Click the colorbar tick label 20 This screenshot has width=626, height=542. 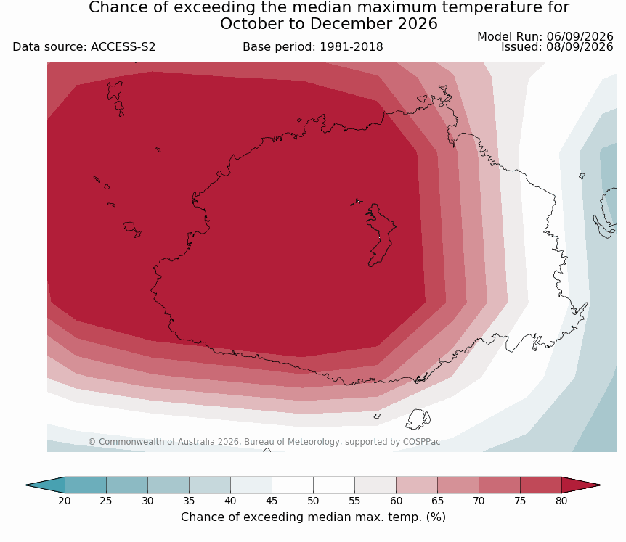[65, 501]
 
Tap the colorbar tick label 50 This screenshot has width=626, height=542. [313, 501]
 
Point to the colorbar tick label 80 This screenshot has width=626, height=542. [561, 501]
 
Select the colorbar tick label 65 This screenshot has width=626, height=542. [437, 501]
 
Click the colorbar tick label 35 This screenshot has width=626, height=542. [189, 501]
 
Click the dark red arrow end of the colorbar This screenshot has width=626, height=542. [580, 485]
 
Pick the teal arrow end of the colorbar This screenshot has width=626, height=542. [46, 485]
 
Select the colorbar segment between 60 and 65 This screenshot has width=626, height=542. [416, 485]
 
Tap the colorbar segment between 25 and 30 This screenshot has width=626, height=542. [127, 485]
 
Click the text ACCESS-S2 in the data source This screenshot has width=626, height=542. [123, 47]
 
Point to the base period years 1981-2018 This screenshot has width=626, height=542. [351, 47]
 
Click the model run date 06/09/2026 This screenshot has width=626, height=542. [580, 37]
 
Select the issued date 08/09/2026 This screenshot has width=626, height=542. [580, 47]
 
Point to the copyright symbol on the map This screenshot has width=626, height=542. [92, 442]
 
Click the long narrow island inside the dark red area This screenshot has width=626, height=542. [380, 234]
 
